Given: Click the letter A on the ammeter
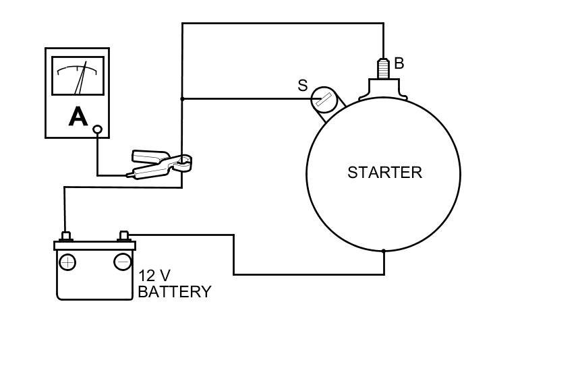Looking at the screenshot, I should pyautogui.click(x=78, y=117).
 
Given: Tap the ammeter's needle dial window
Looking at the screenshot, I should pyautogui.click(x=78, y=76).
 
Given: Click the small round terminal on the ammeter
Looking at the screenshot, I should pyautogui.click(x=97, y=129).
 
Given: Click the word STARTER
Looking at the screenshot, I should pyautogui.click(x=384, y=173).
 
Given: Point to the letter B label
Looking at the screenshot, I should pyautogui.click(x=399, y=63).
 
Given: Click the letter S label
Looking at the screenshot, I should pyautogui.click(x=302, y=86).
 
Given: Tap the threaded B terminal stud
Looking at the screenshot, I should pyautogui.click(x=383, y=68).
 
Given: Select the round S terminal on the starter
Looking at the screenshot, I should pyautogui.click(x=324, y=100).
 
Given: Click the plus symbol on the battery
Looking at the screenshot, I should pyautogui.click(x=67, y=262).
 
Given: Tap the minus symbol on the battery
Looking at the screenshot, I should pyautogui.click(x=122, y=262).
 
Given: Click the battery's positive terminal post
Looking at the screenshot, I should pyautogui.click(x=66, y=236).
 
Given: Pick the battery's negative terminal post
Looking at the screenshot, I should pyautogui.click(x=124, y=235).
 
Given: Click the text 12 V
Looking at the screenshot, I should pyautogui.click(x=154, y=276).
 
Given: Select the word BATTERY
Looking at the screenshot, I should pyautogui.click(x=174, y=292).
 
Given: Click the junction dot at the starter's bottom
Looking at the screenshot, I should pyautogui.click(x=384, y=251).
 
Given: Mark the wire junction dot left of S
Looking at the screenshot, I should pyautogui.click(x=182, y=99).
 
